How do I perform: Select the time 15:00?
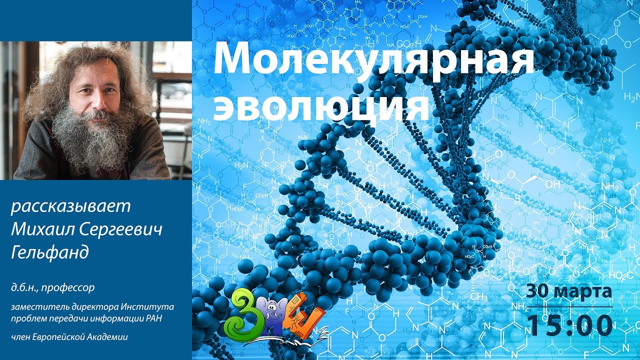pos(570,325)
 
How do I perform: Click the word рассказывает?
pos(70,206)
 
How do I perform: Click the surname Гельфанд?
pos(49,252)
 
